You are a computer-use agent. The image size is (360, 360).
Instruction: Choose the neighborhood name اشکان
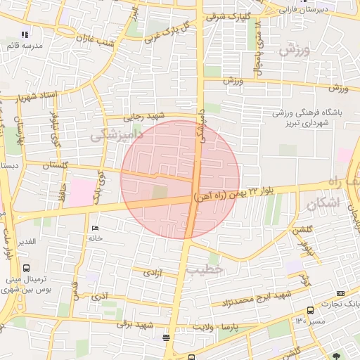coord(323,204)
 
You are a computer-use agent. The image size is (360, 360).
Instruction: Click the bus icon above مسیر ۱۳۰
coord(311,310)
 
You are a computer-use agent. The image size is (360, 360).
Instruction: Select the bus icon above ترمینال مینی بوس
coord(27,268)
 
